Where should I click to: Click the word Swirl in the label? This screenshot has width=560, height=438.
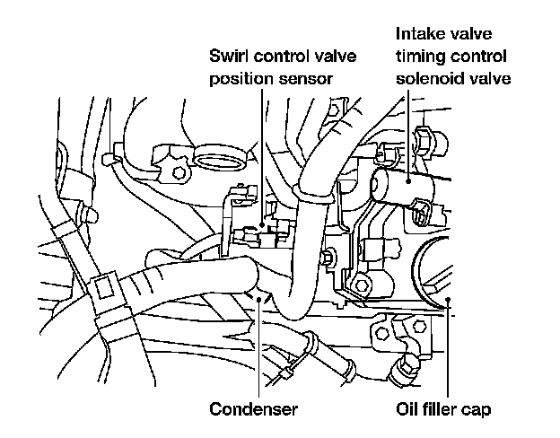point(227,57)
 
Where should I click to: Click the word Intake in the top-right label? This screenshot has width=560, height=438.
point(418,35)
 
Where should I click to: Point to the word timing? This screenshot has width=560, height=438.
point(421,57)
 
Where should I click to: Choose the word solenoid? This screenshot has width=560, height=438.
point(427,78)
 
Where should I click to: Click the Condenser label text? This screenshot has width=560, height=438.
point(253,411)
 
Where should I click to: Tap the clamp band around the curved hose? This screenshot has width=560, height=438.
point(311,186)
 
